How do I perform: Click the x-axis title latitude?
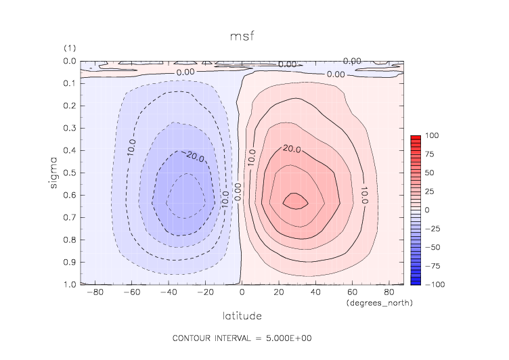point(241,315)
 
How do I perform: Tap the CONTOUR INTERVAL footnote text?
point(242,338)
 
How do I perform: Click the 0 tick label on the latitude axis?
point(242,293)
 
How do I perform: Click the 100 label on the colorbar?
point(431,136)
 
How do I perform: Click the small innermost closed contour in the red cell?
point(295,200)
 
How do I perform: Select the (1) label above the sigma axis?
point(69,48)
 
